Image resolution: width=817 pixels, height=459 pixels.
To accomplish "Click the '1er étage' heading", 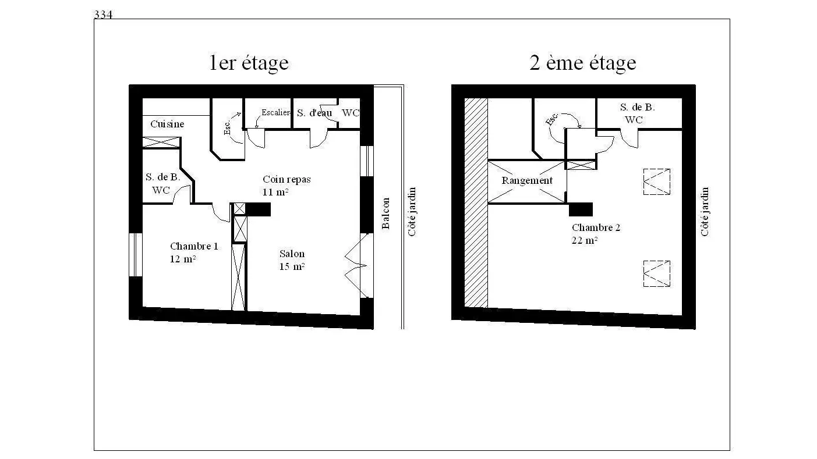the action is (x=249, y=63).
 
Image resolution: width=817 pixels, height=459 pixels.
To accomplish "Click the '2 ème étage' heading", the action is (x=582, y=63).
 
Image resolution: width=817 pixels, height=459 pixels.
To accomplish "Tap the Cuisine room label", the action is (x=167, y=124).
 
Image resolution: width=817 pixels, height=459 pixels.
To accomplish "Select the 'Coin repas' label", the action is (x=287, y=179).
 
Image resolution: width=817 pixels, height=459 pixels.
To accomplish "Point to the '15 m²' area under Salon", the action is (x=292, y=266).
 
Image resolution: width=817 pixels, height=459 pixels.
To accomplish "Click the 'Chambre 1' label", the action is (x=194, y=246).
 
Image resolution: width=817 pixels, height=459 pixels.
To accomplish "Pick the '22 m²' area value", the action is (x=584, y=240).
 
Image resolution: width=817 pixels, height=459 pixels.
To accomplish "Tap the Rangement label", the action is (x=527, y=180).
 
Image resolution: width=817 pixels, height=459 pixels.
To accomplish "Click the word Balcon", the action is (x=385, y=213).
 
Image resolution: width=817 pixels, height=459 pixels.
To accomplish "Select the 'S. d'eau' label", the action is (x=314, y=113).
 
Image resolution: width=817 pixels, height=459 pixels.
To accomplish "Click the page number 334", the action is (x=103, y=15).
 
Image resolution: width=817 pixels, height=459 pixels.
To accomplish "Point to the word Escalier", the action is (x=276, y=112).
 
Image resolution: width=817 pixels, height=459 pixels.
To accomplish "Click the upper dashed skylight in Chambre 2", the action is (x=656, y=182).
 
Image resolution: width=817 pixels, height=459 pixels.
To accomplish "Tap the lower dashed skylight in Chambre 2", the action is (x=656, y=273).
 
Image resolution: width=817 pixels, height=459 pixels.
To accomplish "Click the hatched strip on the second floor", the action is (x=476, y=203).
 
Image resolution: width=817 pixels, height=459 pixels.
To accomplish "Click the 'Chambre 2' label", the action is (x=596, y=227).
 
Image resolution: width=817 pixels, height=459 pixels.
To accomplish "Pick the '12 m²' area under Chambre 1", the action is (x=183, y=259).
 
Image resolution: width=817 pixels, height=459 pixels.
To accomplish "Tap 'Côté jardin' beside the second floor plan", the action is (x=705, y=212).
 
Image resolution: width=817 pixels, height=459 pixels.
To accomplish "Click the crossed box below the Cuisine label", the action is (x=161, y=143).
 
